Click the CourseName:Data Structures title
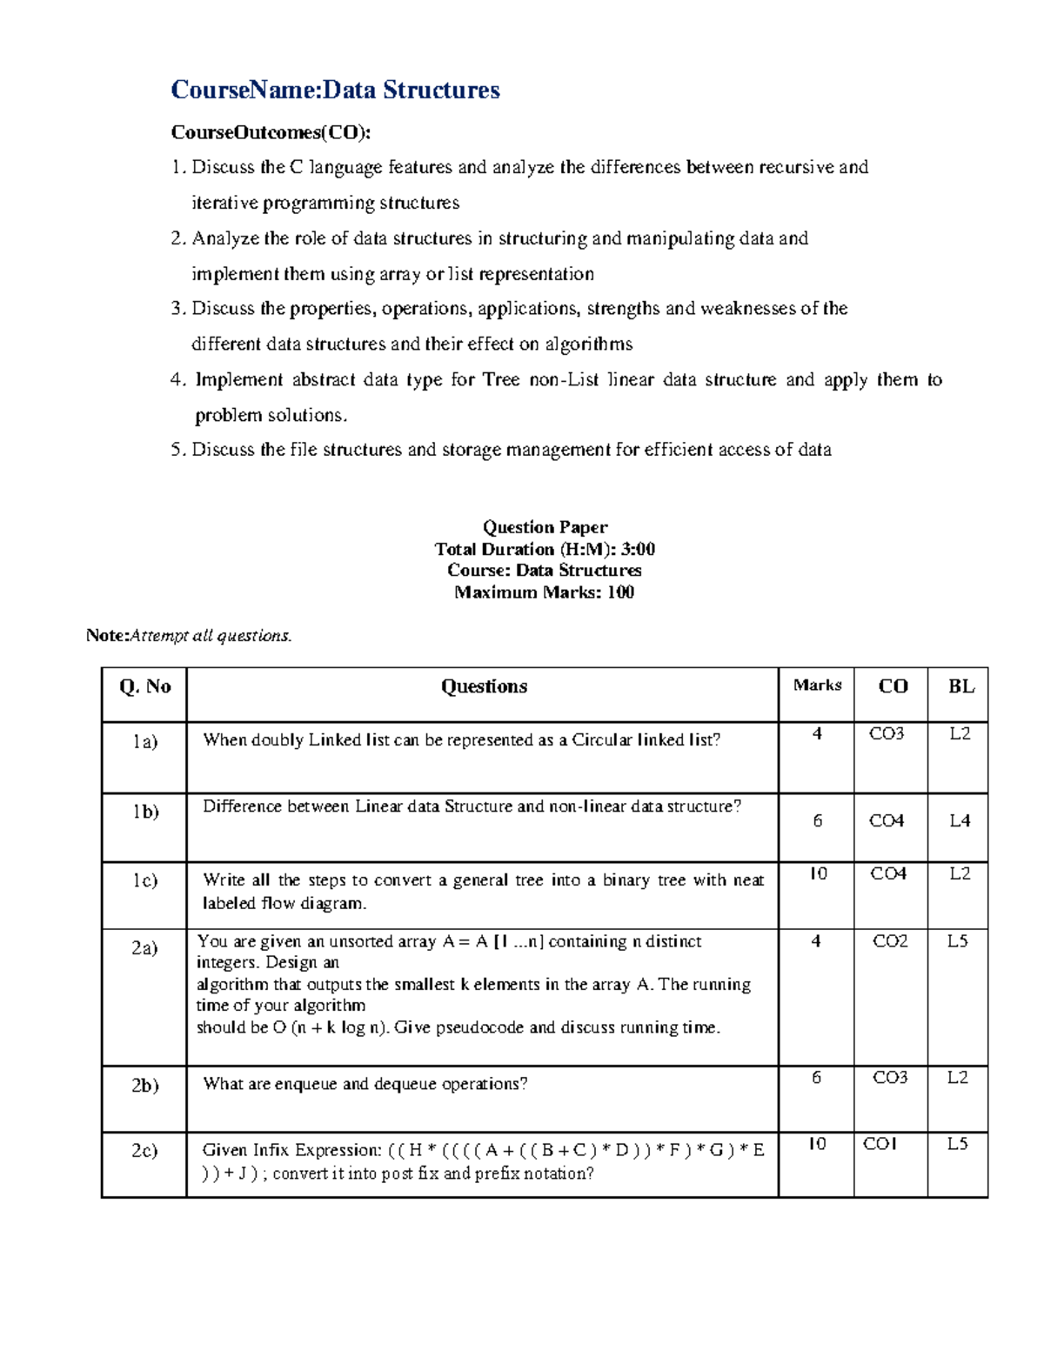pos(335,90)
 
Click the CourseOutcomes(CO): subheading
pos(271,132)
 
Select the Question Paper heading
pos(545,527)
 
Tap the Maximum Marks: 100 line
pos(545,592)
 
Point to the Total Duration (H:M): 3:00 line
pos(545,549)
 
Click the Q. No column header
pos(144,686)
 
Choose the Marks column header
pos(817,686)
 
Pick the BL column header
pos(960,686)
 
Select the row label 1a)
pos(144,741)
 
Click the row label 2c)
pos(144,1150)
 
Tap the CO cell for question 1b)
pos(887,820)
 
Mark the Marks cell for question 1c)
pos(818,873)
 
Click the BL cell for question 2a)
pos(957,940)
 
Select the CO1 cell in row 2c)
pos(880,1144)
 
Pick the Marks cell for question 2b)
pos(816,1077)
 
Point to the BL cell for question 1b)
pos(960,820)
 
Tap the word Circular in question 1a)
pos(602,740)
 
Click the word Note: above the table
pos(107,636)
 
